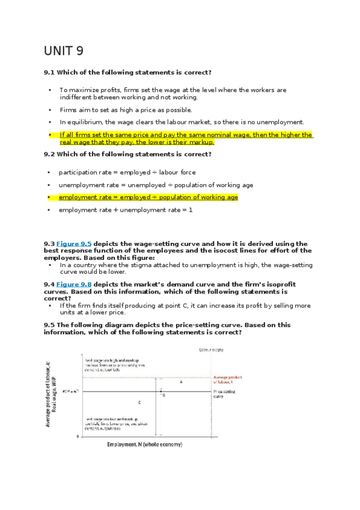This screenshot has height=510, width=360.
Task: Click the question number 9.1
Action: coord(49,72)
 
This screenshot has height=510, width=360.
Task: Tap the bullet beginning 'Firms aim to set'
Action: coord(126,110)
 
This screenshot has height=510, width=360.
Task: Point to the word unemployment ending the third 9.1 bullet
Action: coord(284,121)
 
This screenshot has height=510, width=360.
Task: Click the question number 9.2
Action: coord(49,154)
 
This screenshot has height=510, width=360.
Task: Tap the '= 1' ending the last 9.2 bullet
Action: coord(186,210)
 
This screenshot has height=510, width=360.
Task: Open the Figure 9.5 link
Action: coord(74,244)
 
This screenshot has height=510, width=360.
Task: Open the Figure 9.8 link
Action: coord(74,284)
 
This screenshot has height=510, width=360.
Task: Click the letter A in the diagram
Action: coord(181,382)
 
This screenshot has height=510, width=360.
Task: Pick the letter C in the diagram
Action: coord(139,402)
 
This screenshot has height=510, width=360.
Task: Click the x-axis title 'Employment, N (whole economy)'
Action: coord(144,444)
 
